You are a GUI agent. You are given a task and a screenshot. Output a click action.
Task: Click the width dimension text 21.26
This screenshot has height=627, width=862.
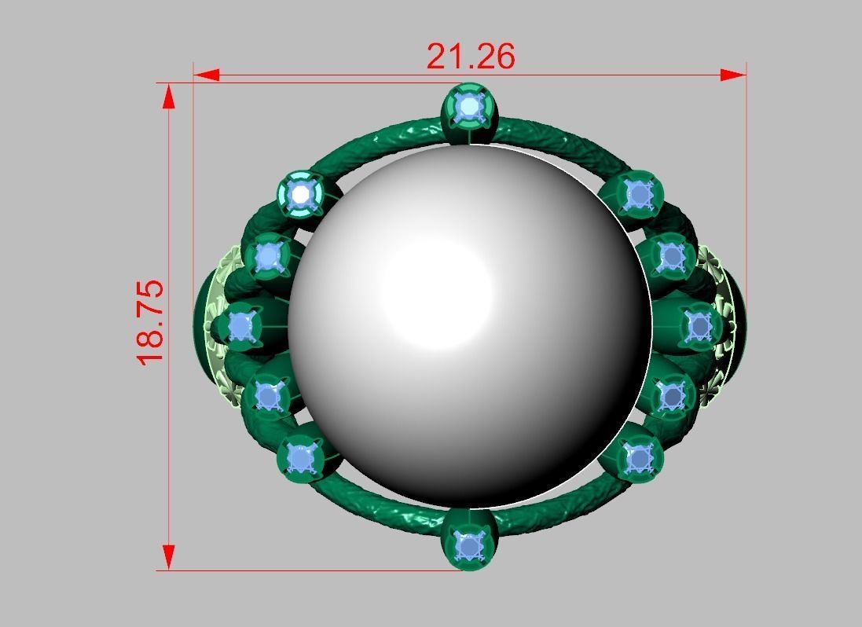(x=470, y=57)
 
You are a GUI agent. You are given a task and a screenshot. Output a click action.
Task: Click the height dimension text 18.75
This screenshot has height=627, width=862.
(x=150, y=321)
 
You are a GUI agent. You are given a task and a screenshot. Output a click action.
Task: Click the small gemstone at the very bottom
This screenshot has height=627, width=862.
(x=470, y=545)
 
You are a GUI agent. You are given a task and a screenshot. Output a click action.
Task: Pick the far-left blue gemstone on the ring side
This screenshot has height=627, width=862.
(x=240, y=327)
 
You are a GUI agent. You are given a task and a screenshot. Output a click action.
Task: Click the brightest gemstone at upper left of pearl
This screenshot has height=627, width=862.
(x=300, y=193)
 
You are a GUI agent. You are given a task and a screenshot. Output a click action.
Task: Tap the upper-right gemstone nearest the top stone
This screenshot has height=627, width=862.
(x=640, y=193)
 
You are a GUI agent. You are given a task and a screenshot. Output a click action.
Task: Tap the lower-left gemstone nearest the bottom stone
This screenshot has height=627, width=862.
(x=300, y=457)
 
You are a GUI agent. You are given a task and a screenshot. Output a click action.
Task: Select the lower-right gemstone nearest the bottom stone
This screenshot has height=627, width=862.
(x=639, y=457)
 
